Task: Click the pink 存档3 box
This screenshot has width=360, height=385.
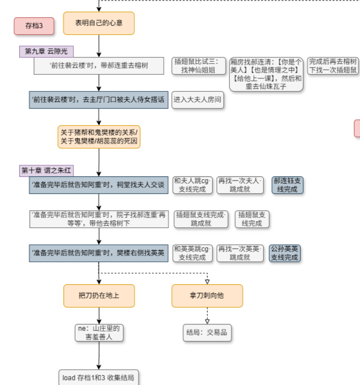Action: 34,26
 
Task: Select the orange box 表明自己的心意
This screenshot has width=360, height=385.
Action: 99,23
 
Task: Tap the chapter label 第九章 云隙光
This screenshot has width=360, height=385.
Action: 46,51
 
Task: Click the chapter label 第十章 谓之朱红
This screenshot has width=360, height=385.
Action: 46,171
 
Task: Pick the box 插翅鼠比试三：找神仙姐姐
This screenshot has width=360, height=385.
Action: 199,66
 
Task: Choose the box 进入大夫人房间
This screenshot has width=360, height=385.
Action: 197,100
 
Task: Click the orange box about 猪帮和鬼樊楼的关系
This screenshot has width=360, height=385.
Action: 99,137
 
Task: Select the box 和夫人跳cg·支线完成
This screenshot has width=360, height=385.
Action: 192,185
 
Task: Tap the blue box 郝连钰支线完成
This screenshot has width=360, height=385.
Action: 288,185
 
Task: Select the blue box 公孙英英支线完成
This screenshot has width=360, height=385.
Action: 285,253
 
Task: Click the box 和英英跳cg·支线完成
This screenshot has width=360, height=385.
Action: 192,253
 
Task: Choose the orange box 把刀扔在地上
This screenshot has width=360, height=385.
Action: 99,295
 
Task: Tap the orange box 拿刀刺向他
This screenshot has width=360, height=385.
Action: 207,295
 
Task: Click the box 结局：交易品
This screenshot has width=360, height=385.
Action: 207,333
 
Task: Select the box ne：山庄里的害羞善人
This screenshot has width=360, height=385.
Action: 99,333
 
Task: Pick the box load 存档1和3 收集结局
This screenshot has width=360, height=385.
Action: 99,377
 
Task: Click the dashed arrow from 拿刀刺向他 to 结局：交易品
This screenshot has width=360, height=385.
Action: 207,315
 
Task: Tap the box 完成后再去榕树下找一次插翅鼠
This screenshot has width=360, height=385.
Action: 333,66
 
